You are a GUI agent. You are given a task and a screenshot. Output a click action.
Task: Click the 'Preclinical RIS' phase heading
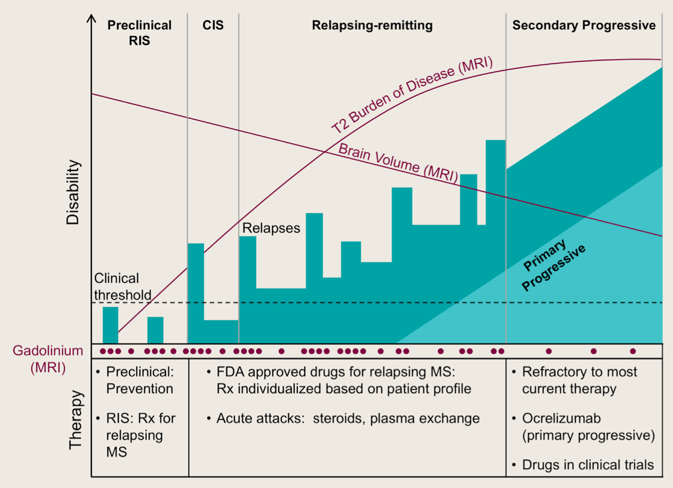pyautogui.click(x=139, y=32)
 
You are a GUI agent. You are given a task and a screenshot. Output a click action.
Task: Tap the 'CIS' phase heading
pyautogui.click(x=213, y=25)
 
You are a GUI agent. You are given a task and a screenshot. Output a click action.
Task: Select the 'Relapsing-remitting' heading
pyautogui.click(x=372, y=25)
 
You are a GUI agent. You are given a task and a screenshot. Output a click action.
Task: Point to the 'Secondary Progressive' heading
pyautogui.click(x=584, y=25)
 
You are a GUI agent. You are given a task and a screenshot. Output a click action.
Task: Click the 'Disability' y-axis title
pyautogui.click(x=73, y=192)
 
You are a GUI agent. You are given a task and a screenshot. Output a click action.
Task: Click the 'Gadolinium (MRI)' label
pyautogui.click(x=48, y=359)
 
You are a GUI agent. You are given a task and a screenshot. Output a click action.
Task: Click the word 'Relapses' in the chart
pyautogui.click(x=271, y=228)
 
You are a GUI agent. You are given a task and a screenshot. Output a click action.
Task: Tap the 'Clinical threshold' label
pyautogui.click(x=122, y=286)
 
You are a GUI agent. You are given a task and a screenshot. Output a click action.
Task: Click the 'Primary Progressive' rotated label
pyautogui.click(x=553, y=265)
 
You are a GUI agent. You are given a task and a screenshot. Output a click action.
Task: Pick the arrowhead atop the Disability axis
pyautogui.click(x=92, y=18)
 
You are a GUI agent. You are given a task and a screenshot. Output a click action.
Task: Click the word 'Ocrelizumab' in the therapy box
pyautogui.click(x=561, y=418)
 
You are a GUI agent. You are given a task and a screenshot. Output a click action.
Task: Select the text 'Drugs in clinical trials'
pyautogui.click(x=588, y=465)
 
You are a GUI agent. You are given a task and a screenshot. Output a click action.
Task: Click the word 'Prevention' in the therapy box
pyautogui.click(x=139, y=389)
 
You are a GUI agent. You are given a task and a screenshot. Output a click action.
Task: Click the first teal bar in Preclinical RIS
pyautogui.click(x=110, y=325)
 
